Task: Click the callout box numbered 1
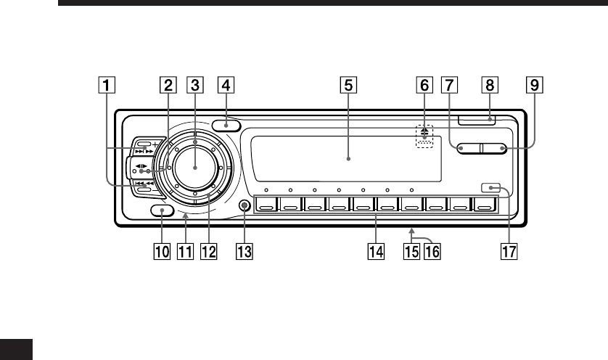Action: click(107, 85)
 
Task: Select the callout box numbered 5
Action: click(348, 85)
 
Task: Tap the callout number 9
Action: click(535, 85)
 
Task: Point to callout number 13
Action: click(245, 251)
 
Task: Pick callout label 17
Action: click(509, 251)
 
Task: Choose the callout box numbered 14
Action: click(376, 251)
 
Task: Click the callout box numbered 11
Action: click(185, 251)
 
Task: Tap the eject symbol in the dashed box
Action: click(424, 131)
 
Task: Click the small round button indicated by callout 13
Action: click(245, 205)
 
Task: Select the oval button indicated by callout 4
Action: click(226, 126)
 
